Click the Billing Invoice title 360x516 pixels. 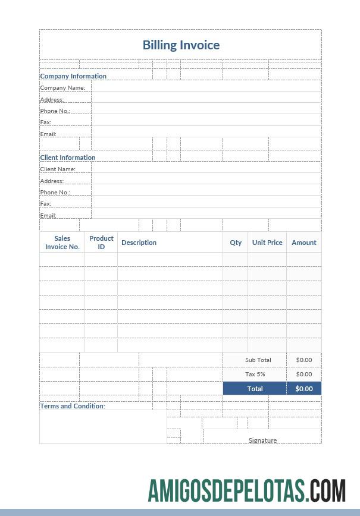tap(181, 45)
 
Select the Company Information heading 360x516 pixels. tap(73, 76)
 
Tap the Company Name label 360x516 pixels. tap(62, 88)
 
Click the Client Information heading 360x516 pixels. tap(68, 158)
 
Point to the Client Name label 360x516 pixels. tap(58, 169)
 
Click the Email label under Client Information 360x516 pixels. tap(48, 216)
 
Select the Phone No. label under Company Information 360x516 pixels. tap(55, 111)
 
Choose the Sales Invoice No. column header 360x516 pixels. tap(62, 243)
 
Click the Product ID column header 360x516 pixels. tap(101, 243)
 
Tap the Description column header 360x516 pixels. tap(139, 243)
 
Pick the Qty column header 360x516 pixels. tap(236, 243)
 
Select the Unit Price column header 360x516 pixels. tap(267, 243)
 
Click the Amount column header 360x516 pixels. tap(304, 243)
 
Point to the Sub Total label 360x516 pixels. tap(258, 360)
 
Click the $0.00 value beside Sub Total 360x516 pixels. tap(303, 360)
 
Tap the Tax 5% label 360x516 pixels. tap(255, 375)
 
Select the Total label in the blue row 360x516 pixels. tap(255, 389)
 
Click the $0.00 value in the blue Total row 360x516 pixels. tap(303, 389)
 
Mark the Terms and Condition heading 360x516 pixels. tap(73, 406)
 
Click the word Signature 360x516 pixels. tap(262, 441)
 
